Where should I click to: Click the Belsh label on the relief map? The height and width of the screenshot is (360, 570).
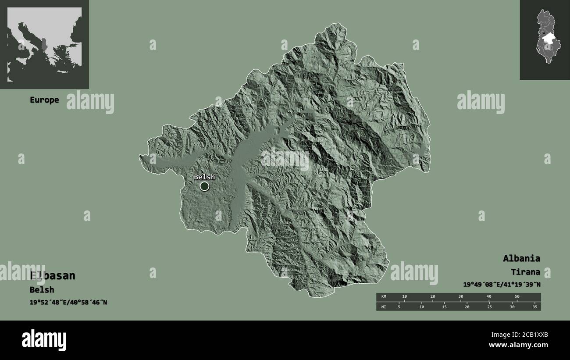point(204,177)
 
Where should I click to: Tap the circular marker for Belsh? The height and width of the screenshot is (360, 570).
point(204,186)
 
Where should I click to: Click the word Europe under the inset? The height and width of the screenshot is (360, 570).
point(44,100)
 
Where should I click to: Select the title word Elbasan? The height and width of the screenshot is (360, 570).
point(53,276)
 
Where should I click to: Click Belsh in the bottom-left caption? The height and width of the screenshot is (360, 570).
point(42,290)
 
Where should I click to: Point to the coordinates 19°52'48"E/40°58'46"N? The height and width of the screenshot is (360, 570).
point(68,302)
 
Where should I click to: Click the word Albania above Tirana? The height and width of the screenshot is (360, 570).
point(521,258)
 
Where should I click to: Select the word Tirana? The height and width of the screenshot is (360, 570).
point(525,272)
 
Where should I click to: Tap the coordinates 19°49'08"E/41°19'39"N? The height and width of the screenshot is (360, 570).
point(502,285)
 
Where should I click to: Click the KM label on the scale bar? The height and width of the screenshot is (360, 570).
point(384,297)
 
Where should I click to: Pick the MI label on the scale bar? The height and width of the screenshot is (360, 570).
point(384,307)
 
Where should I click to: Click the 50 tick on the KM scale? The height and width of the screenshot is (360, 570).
point(517,297)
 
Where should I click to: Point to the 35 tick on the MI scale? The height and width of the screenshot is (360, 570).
point(534,307)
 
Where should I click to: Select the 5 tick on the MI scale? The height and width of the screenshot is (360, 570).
point(399,307)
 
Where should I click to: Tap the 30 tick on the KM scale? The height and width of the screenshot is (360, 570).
point(460,297)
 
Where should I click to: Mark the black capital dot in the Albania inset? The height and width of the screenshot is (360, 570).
point(544,33)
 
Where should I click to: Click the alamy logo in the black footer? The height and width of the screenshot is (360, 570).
point(44,340)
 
